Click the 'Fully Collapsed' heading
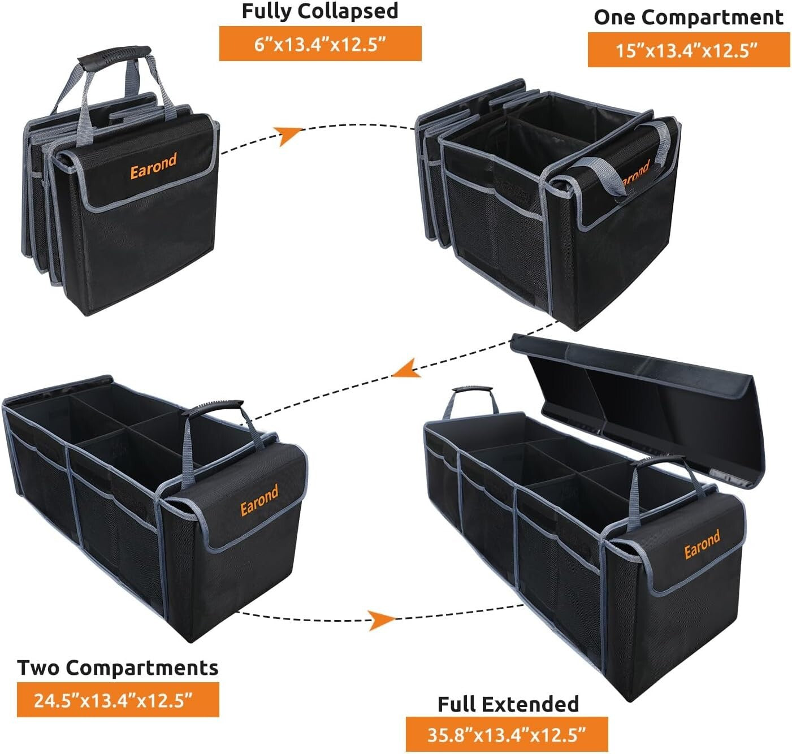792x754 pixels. (x=320, y=11)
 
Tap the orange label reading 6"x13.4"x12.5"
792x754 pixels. (x=320, y=44)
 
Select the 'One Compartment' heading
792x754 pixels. (x=688, y=18)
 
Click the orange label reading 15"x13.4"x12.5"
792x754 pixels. (x=688, y=50)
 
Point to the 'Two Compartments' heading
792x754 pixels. (x=118, y=668)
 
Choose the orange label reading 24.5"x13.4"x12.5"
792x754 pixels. (x=118, y=700)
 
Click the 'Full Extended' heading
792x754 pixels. (x=508, y=704)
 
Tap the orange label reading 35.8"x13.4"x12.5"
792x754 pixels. (x=507, y=735)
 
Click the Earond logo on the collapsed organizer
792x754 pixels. (x=153, y=165)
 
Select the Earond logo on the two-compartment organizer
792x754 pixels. (x=259, y=500)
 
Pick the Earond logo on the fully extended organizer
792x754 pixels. (x=702, y=544)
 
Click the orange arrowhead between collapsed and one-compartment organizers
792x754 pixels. (x=289, y=136)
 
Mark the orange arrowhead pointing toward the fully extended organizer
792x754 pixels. (x=380, y=619)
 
